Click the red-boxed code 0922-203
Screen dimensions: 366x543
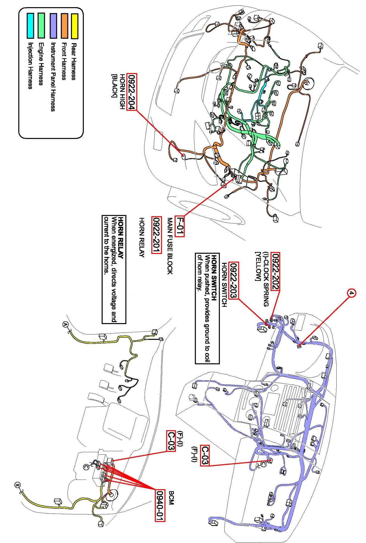coord(234,280)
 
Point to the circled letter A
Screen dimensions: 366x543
coord(65,325)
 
